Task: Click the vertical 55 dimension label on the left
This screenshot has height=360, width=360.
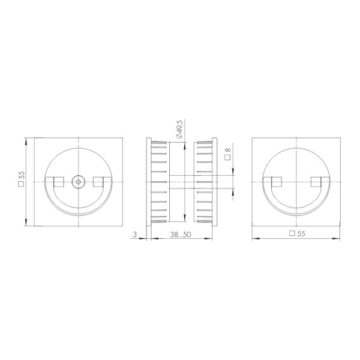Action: pos(22,176)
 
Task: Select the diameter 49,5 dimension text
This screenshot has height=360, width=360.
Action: pos(180,128)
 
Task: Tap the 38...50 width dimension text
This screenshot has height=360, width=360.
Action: pos(179,235)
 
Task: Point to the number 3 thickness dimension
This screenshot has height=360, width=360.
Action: pos(136,235)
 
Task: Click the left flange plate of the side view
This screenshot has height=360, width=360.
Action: pos(149,181)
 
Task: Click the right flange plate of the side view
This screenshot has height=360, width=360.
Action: pos(214,181)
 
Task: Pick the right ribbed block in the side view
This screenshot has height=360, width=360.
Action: pos(203,181)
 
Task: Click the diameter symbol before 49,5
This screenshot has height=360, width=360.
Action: pos(180,138)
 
